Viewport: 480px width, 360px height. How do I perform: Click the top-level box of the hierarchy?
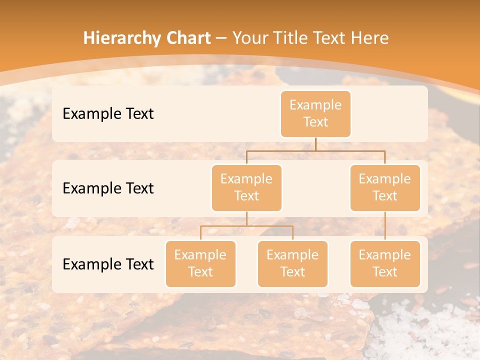315,113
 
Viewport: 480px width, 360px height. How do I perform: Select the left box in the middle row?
246,187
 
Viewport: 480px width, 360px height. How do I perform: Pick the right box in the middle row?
385,187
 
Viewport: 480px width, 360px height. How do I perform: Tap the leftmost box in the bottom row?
200,263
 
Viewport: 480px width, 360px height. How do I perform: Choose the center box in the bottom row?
292,263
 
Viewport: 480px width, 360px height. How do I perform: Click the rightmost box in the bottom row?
385,263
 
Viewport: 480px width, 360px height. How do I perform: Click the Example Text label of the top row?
108,113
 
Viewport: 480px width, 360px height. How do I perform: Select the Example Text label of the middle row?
108,188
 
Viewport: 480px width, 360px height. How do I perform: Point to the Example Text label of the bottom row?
108,264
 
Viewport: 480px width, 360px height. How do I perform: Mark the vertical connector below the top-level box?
315,144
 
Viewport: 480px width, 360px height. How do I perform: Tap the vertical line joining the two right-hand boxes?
385,226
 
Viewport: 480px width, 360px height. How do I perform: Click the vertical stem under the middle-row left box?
246,218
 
